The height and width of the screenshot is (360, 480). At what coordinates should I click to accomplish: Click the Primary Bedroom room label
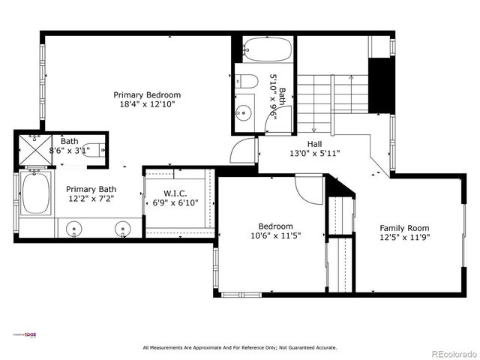[147, 95]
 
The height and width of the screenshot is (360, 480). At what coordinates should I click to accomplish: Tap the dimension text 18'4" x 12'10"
[147, 106]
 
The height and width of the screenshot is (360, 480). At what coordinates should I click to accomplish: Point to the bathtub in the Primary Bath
[34, 194]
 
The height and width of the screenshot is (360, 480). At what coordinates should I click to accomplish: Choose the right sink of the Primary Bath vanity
[122, 228]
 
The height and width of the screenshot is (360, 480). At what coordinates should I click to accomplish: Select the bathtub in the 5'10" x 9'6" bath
[265, 51]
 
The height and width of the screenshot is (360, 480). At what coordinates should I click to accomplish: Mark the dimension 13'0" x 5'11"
[316, 154]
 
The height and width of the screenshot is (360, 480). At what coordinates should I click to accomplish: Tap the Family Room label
[404, 228]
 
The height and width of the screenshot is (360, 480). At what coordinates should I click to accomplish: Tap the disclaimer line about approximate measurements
[240, 347]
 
